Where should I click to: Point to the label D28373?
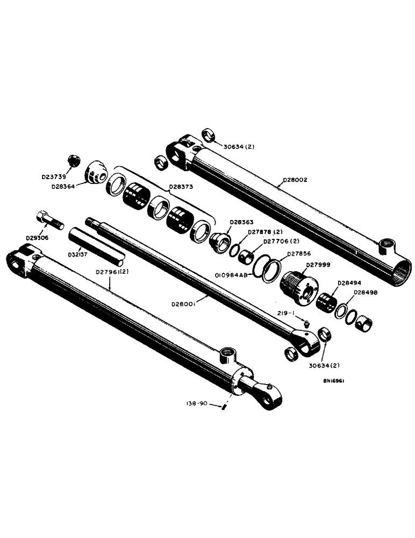click(x=183, y=188)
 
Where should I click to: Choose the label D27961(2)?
click(x=113, y=271)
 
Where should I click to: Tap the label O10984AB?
click(x=232, y=275)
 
